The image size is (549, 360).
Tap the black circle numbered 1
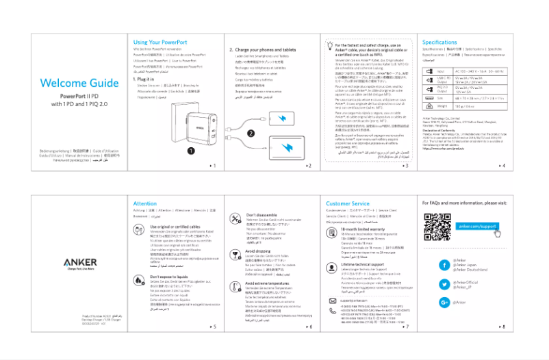point(192,149)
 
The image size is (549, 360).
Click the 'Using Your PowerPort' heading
point(159,42)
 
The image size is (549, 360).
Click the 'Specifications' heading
point(439,42)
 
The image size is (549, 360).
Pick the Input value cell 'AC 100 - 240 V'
point(480,71)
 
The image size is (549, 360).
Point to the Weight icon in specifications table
point(427,106)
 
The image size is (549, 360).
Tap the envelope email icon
point(332,300)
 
